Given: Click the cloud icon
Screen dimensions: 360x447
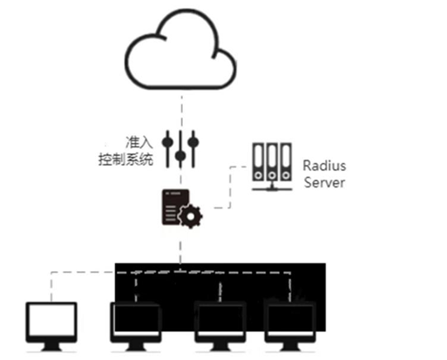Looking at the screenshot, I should [180, 54].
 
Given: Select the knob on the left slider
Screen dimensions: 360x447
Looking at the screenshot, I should [167, 137].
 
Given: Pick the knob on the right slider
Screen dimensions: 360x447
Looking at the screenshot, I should [193, 139].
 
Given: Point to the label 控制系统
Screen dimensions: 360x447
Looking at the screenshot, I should [125, 160].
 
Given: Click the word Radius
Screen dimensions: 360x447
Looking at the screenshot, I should [324, 166].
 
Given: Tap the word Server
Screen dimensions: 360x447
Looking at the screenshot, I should [324, 183].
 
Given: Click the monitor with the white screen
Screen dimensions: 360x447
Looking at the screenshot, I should [51, 322].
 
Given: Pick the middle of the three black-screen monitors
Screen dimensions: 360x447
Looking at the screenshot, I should [220, 322].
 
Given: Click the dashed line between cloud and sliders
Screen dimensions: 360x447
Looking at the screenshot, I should [180, 106].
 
